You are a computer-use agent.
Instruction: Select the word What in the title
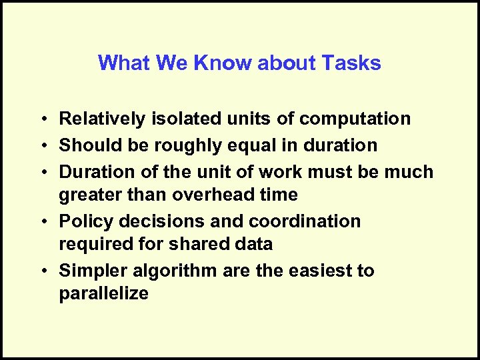124,63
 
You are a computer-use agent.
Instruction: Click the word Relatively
100,119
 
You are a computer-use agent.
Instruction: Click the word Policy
83,221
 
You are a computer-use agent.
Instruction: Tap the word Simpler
91,271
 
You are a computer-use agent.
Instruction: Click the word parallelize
104,294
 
